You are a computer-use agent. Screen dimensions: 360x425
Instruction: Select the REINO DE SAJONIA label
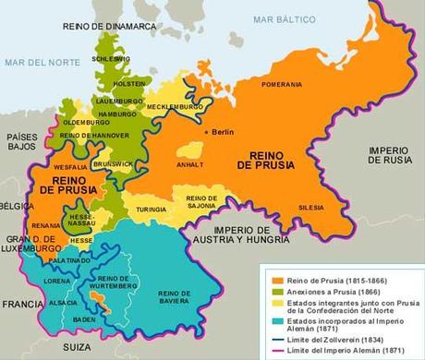coord(202,203)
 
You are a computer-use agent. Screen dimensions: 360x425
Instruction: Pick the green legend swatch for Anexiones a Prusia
coord(265,292)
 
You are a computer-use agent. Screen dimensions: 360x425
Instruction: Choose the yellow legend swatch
coord(265,305)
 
